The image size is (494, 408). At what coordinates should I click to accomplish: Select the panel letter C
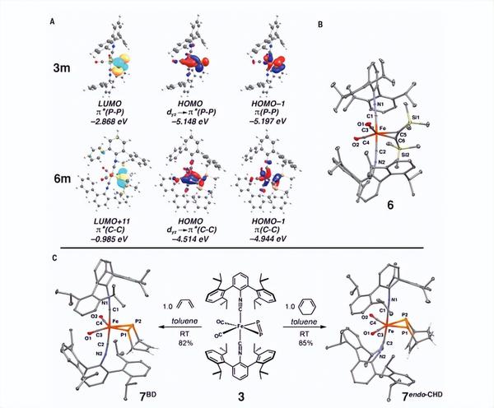(54, 256)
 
